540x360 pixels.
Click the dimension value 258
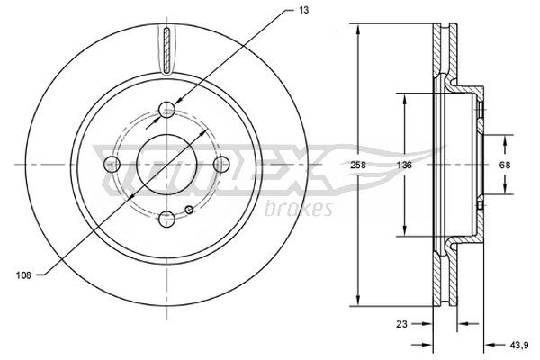point(359,165)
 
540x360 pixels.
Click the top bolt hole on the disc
point(167,110)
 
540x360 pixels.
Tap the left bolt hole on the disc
point(112,165)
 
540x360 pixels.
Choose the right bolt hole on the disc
point(222,165)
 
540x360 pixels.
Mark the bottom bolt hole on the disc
point(167,219)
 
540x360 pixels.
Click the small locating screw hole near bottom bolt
point(188,211)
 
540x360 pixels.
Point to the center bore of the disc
point(167,165)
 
